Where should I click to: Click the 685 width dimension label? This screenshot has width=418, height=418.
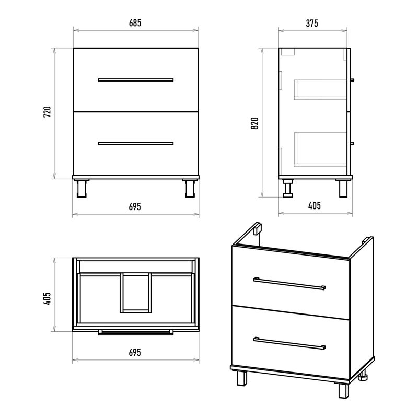click(x=135, y=23)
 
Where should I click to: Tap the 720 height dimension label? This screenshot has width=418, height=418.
click(x=47, y=112)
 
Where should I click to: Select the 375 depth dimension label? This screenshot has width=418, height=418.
click(x=312, y=23)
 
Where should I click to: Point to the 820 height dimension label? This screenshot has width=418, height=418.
click(x=254, y=123)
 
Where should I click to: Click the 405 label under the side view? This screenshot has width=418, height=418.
click(x=315, y=206)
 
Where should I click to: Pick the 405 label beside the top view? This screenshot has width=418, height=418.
click(x=47, y=298)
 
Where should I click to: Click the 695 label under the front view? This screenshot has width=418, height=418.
click(x=135, y=206)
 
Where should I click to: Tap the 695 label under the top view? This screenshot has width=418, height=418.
click(x=135, y=352)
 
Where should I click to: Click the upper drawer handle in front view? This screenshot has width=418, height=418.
click(x=136, y=80)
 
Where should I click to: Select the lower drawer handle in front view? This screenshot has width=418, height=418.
click(x=136, y=143)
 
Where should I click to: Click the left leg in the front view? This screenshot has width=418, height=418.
click(x=82, y=188)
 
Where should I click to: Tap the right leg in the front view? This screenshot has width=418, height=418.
click(x=190, y=188)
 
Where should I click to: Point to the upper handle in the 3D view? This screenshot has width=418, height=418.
click(x=289, y=284)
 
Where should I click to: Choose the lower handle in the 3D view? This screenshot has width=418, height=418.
click(x=289, y=343)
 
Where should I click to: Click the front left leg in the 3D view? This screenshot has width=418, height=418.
click(x=242, y=378)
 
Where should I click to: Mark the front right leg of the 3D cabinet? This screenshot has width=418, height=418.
click(x=344, y=390)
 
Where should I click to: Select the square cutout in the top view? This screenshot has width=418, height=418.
click(x=136, y=293)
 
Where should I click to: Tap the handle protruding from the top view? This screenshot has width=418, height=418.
click(x=136, y=332)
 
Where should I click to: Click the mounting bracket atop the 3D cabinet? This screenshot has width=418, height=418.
click(x=258, y=229)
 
